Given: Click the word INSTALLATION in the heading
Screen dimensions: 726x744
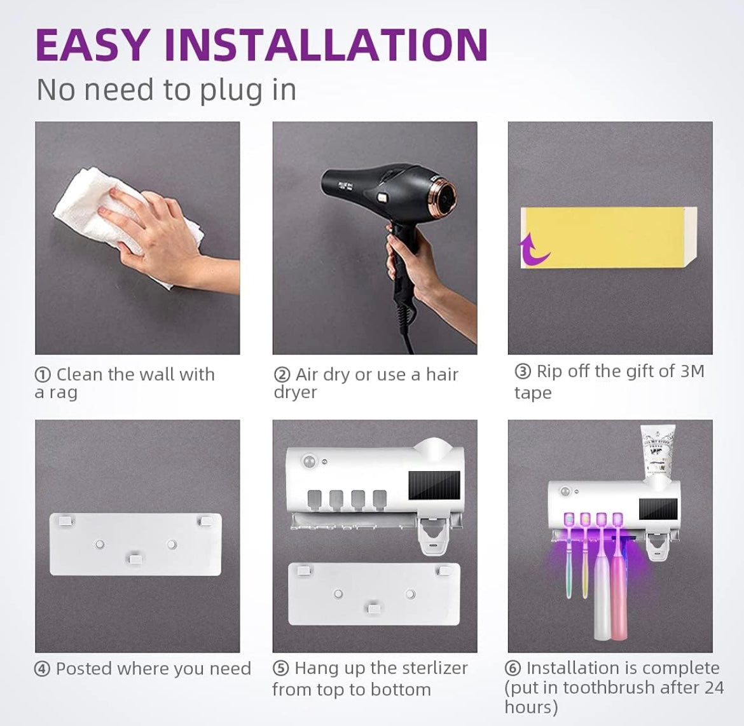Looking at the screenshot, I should (x=326, y=44).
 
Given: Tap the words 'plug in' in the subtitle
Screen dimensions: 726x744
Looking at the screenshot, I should (x=248, y=90).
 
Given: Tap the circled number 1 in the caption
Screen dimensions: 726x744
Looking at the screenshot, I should (x=43, y=375).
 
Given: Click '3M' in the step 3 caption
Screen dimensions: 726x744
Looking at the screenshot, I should (x=692, y=371).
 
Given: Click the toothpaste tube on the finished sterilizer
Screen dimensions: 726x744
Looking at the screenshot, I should (x=655, y=451).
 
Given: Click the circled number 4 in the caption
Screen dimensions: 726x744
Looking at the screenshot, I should (x=43, y=669).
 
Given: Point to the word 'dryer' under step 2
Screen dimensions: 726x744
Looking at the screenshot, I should (x=295, y=392).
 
